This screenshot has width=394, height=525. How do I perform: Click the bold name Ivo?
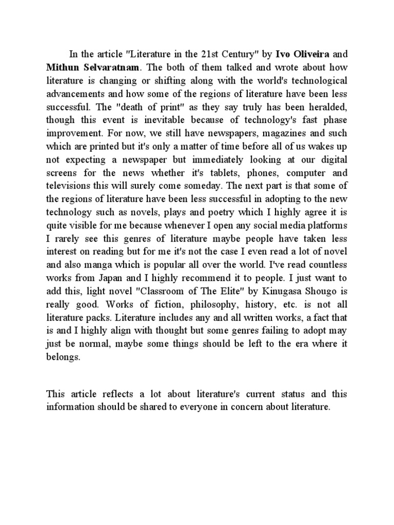(x=284, y=54)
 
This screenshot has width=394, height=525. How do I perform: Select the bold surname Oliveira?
(x=313, y=54)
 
